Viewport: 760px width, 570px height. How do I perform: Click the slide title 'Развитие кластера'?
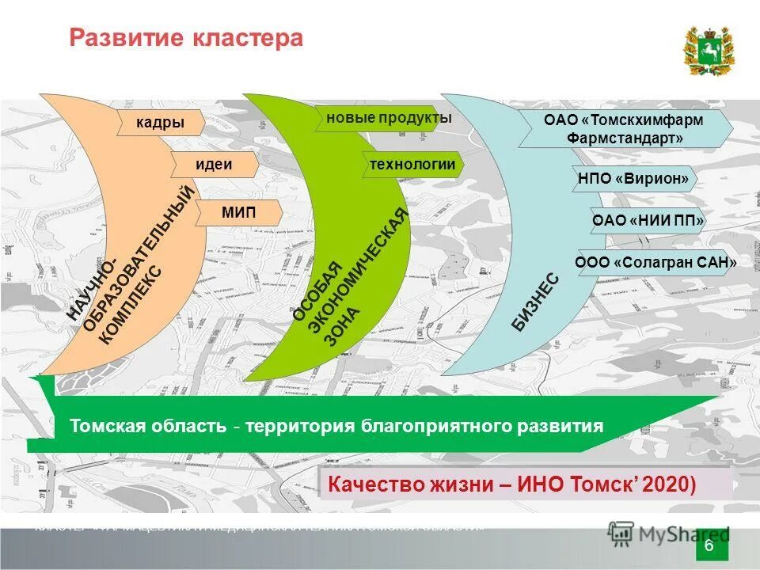point(186,38)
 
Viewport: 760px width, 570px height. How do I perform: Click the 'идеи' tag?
point(214,165)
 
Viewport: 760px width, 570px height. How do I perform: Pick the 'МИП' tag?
point(237,212)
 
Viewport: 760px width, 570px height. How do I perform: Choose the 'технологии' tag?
point(412,164)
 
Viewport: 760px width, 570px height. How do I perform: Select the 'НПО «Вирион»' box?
point(634,178)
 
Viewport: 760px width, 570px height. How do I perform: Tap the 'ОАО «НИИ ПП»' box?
point(648,220)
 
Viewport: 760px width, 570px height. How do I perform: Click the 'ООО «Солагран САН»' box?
point(657,262)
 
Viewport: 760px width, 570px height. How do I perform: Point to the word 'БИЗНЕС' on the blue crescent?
point(536,303)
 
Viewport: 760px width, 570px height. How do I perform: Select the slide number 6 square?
point(709,548)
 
